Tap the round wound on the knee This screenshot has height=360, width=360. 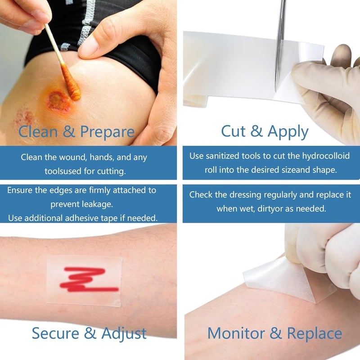coord(58,100)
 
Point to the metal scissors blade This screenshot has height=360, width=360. coord(280,46)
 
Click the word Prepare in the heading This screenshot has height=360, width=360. coord(107,132)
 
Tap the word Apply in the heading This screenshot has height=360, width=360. coord(288,132)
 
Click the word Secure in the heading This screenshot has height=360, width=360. coord(55,333)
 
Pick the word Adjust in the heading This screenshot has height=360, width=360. coord(124,334)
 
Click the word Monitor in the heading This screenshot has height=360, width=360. coord(236,333)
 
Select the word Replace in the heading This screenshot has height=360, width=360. coord(315,334)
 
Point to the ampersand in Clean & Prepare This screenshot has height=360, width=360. coord(69,131)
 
